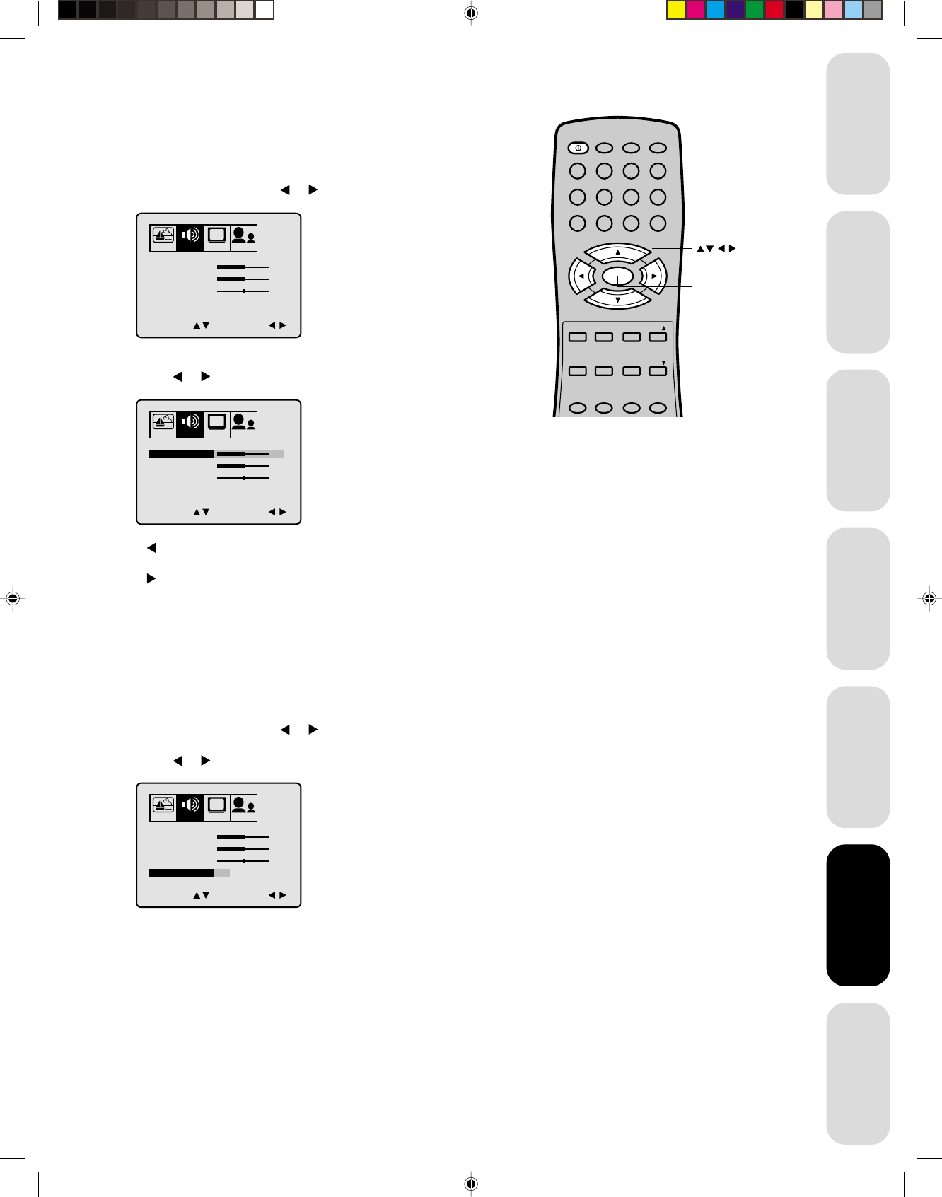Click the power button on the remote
tap(578, 148)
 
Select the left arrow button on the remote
tap(581, 276)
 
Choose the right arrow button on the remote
tap(654, 276)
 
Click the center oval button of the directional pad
tap(617, 276)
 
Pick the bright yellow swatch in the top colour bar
tap(676, 10)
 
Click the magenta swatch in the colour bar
tap(696, 10)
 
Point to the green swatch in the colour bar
tap(755, 10)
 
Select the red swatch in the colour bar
tap(774, 10)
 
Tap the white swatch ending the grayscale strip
tap(264, 10)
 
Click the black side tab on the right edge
tap(858, 915)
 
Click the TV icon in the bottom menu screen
tap(217, 805)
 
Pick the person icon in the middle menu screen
tap(243, 423)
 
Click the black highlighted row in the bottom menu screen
tap(181, 873)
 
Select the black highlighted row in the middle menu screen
tap(181, 454)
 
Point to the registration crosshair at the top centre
tap(471, 13)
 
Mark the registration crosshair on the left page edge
tap(12, 598)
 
